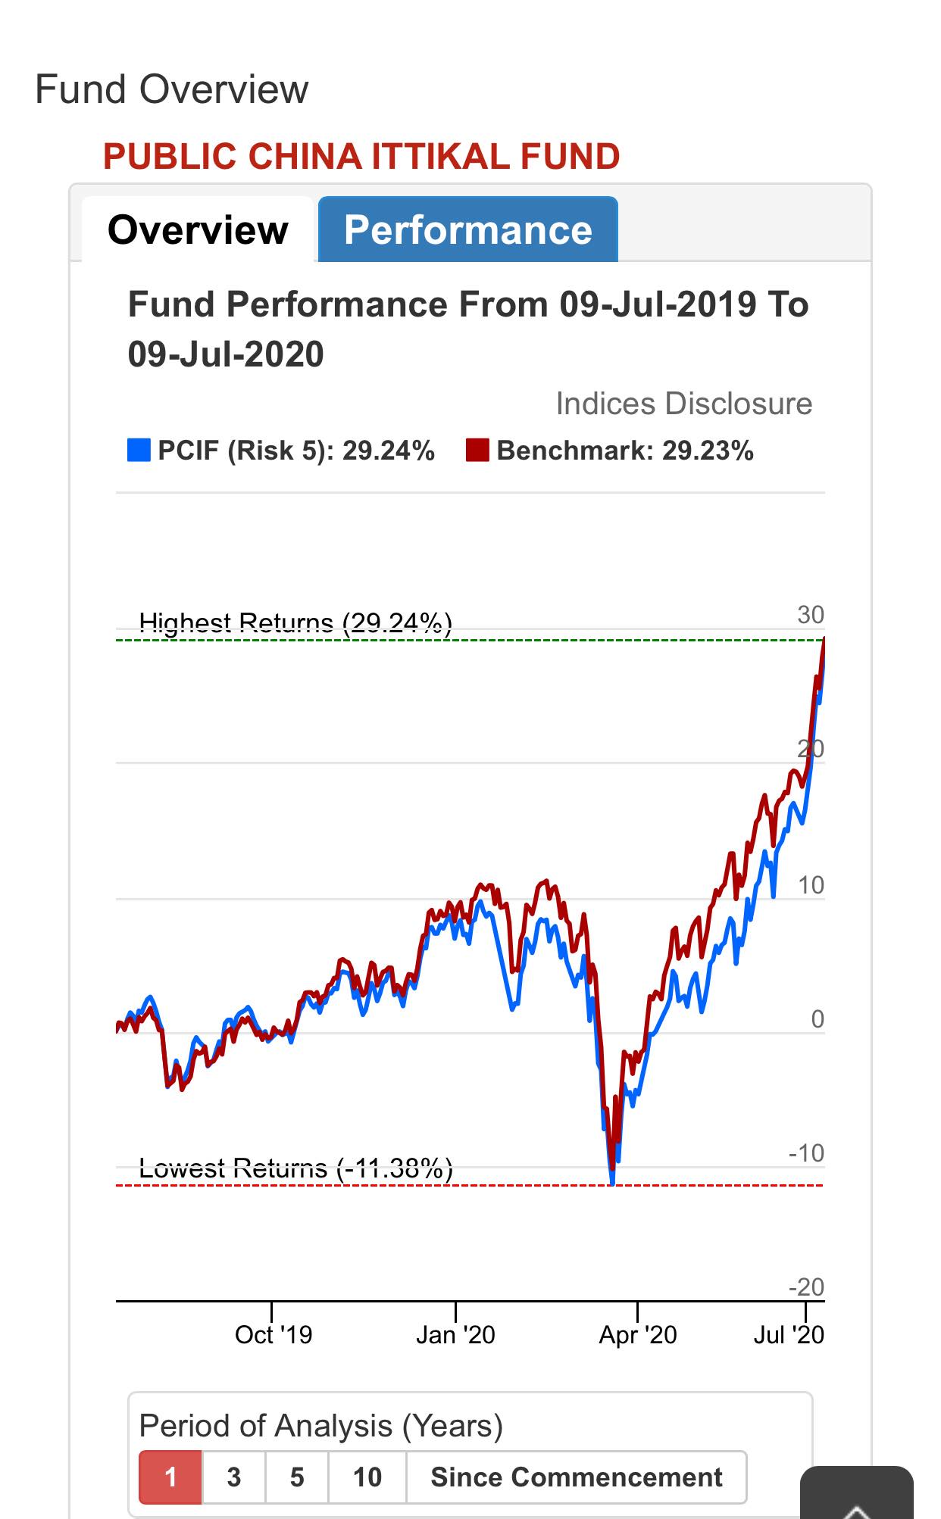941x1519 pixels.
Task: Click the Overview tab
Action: (198, 229)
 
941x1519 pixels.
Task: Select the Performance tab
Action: (468, 229)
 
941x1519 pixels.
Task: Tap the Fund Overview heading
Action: (172, 89)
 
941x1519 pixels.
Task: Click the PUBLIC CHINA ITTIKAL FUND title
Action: (361, 157)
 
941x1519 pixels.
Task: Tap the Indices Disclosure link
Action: (684, 404)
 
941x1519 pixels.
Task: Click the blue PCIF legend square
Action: (139, 450)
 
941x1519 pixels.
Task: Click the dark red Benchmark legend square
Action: (477, 450)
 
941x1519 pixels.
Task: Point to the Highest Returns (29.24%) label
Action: (295, 623)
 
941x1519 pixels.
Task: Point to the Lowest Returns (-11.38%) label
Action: (296, 1168)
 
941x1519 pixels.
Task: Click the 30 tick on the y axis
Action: (810, 615)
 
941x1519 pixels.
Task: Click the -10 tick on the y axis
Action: (806, 1153)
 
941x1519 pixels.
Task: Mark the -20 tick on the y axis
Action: (806, 1287)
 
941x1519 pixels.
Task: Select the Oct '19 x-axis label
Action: (274, 1334)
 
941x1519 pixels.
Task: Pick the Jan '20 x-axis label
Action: (455, 1334)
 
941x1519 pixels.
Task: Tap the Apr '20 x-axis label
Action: (638, 1334)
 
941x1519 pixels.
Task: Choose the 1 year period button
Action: (170, 1477)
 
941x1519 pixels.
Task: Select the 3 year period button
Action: (234, 1477)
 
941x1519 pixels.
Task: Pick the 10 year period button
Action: (367, 1477)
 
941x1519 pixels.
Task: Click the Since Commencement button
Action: (577, 1477)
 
